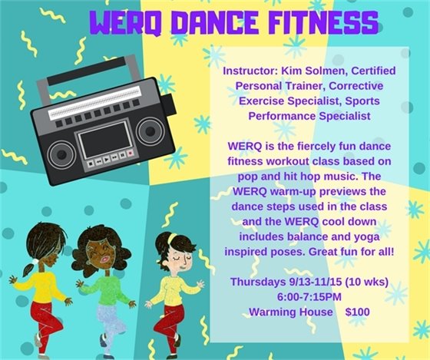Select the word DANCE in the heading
click(x=202, y=25)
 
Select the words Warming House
click(x=283, y=312)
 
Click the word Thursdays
click(x=257, y=281)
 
